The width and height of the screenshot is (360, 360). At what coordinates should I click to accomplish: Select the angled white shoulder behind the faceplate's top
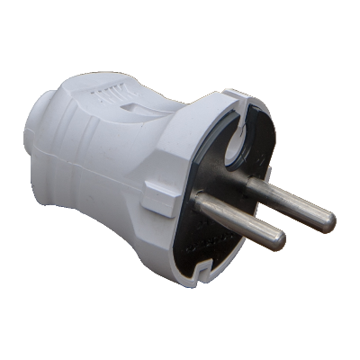tap(193, 117)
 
